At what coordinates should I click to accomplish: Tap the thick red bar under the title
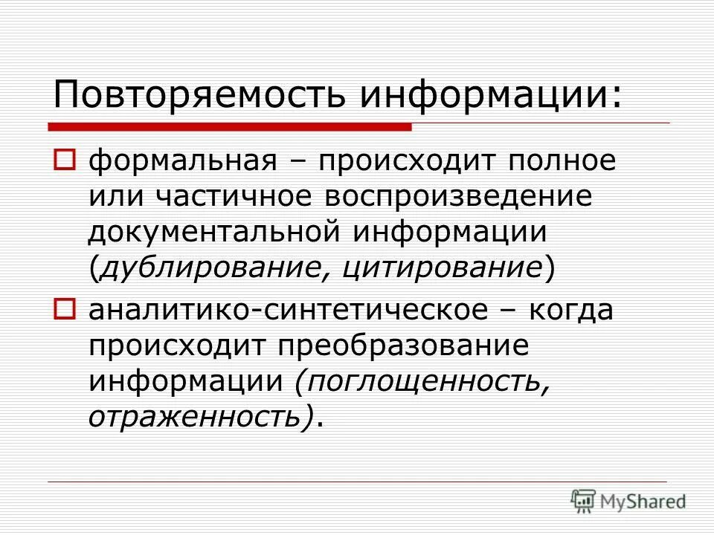point(230,127)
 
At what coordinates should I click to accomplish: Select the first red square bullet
point(65,159)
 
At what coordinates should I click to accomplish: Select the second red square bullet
point(65,308)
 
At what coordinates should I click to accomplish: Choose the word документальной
point(215,233)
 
